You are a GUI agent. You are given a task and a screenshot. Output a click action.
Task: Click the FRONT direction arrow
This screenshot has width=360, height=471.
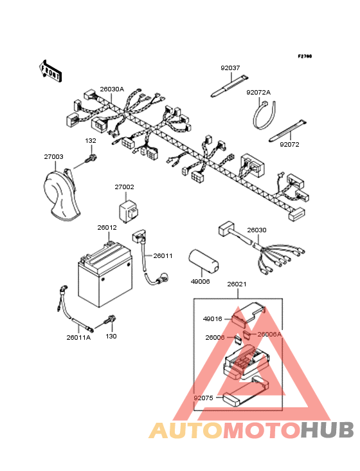click(51, 71)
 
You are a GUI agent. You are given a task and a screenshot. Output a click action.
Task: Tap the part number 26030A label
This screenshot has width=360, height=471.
click(112, 89)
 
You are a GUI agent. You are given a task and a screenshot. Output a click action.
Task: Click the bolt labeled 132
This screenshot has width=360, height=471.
click(91, 158)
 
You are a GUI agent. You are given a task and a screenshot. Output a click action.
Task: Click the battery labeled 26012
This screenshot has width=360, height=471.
click(105, 274)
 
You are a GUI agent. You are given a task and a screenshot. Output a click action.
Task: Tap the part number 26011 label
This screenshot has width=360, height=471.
click(163, 256)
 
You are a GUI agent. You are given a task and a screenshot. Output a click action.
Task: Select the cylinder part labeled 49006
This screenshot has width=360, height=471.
click(203, 261)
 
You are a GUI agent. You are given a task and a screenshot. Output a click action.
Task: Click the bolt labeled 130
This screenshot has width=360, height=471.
click(110, 320)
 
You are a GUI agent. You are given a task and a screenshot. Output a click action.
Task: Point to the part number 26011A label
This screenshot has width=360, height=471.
click(78, 338)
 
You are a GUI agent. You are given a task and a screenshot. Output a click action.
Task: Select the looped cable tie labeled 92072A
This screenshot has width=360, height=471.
click(264, 115)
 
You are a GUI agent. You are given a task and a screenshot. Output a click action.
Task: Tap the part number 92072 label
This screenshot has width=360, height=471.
click(289, 145)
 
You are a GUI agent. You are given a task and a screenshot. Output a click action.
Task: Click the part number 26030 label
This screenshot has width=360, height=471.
click(256, 230)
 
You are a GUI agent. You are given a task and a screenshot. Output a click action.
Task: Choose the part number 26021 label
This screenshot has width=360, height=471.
click(237, 284)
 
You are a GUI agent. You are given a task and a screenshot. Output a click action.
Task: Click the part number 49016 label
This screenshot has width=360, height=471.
click(212, 319)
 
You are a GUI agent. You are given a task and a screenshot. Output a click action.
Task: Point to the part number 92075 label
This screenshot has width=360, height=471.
click(203, 398)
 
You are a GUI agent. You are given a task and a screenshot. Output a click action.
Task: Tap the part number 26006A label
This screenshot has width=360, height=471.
click(269, 334)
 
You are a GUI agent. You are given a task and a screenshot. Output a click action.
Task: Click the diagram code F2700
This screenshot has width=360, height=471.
click(305, 56)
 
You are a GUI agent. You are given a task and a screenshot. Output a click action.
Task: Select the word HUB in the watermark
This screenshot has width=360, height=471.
click(327, 430)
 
